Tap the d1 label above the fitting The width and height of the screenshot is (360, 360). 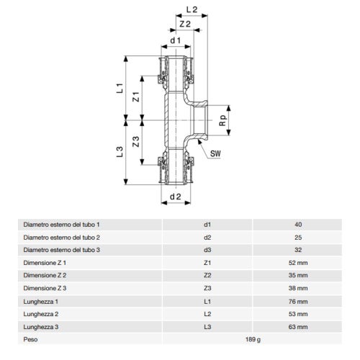tap(174, 40)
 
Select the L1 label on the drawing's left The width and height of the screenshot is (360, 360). tap(122, 89)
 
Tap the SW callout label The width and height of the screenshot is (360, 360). tap(215, 153)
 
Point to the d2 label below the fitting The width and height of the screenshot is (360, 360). tap(174, 197)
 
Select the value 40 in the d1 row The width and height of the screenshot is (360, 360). tap(298, 225)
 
